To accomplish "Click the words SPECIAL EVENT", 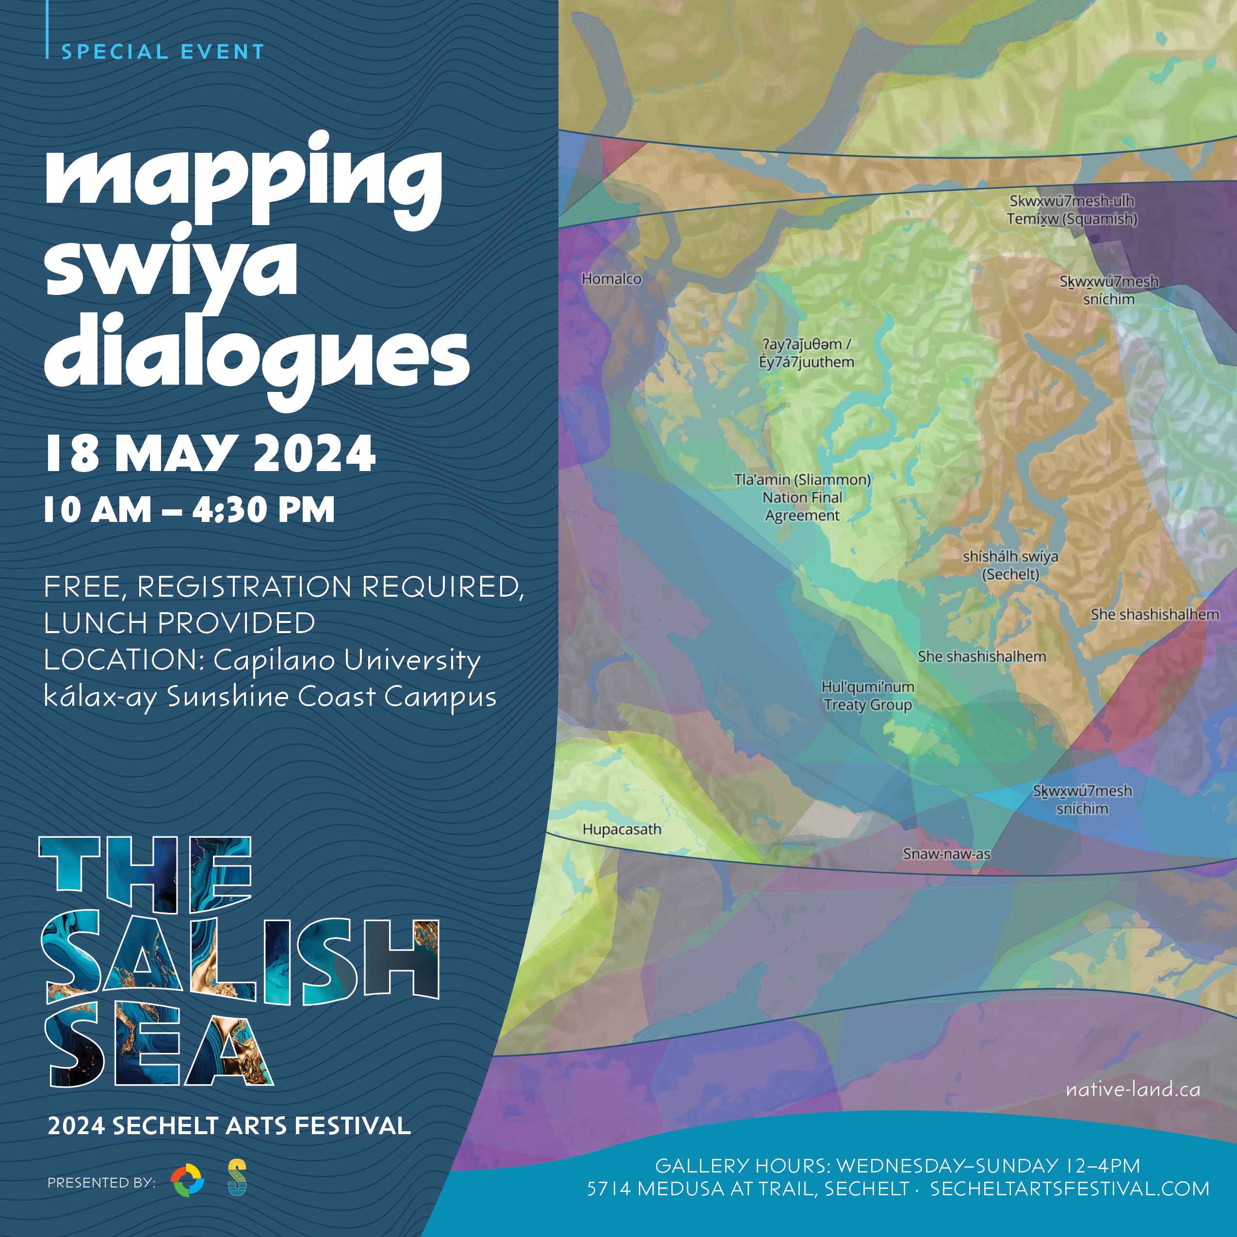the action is tap(163, 52).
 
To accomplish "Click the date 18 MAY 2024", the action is tap(210, 453).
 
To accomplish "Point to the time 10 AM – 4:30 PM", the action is tap(189, 510).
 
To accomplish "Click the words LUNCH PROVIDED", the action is tap(179, 623).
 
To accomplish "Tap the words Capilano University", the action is tap(346, 660).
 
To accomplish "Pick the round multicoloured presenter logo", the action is tap(188, 1181).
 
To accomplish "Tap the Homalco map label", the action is tap(611, 279).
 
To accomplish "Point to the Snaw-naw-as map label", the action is tap(946, 853).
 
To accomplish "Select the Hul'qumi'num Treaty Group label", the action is tap(867, 695).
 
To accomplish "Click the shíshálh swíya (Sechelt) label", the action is tap(1010, 565).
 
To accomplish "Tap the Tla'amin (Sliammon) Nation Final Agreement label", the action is tap(802, 498).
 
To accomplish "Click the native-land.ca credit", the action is tap(1133, 1089).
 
